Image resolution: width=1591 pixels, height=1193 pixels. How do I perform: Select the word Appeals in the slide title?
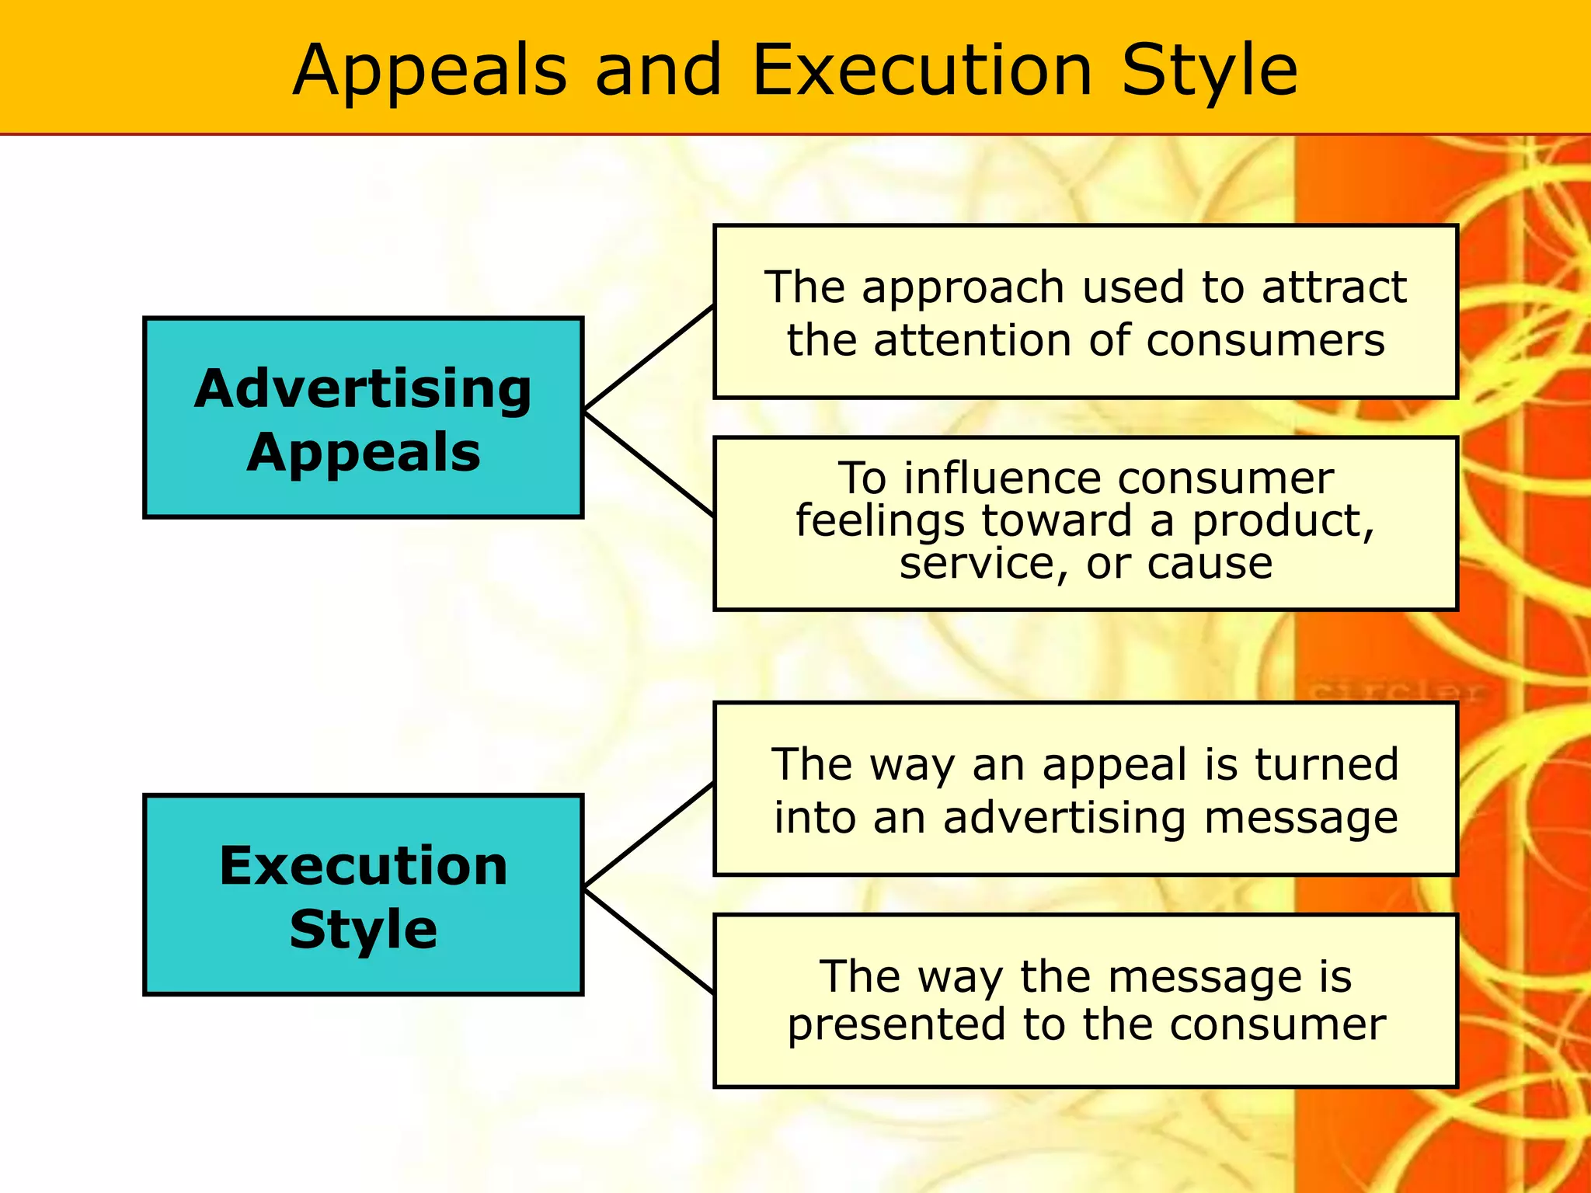[x=430, y=71]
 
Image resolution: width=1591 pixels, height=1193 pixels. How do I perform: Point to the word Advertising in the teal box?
[x=364, y=388]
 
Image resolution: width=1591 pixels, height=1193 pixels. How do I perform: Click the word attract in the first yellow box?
[x=1334, y=287]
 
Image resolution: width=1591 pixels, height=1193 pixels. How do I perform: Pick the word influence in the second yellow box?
[x=1004, y=478]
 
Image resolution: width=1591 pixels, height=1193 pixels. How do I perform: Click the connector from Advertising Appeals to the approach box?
[x=649, y=358]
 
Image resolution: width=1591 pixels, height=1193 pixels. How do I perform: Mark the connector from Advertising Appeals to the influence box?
[x=649, y=464]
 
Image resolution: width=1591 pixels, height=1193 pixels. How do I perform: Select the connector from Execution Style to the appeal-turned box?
[x=649, y=835]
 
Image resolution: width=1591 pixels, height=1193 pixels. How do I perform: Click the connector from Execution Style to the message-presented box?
[x=649, y=941]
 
